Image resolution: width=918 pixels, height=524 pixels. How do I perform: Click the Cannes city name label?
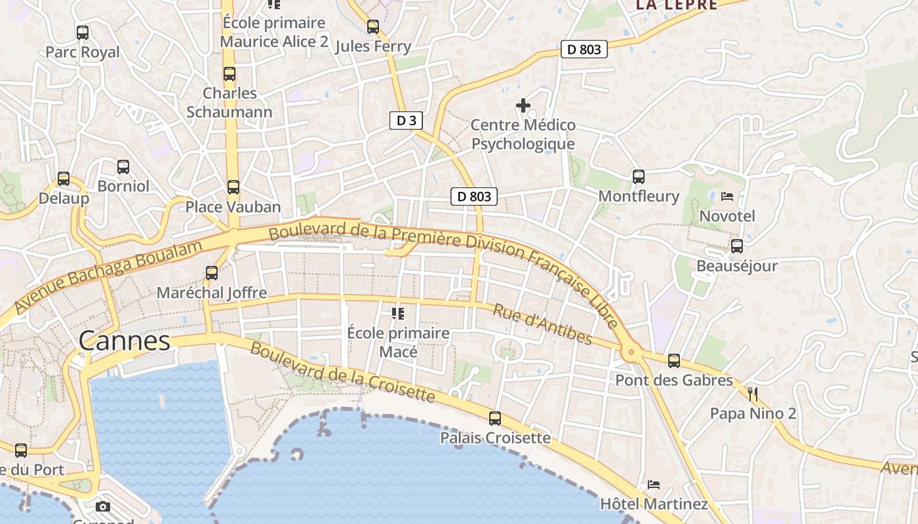tap(125, 341)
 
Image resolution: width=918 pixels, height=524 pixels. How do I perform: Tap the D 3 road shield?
tap(406, 121)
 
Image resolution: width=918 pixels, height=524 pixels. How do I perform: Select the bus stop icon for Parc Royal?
tap(83, 32)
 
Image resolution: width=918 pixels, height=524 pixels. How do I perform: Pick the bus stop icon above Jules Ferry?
tap(373, 27)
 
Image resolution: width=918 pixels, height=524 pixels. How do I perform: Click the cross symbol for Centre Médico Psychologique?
tap(523, 105)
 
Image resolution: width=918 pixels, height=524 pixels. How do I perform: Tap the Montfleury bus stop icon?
tap(639, 176)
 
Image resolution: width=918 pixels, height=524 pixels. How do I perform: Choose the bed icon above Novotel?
tap(727, 196)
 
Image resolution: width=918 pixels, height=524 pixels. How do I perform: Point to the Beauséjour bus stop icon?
tap(737, 246)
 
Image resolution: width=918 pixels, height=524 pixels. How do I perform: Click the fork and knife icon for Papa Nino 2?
tap(753, 394)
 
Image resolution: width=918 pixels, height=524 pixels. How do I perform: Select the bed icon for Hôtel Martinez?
tap(654, 485)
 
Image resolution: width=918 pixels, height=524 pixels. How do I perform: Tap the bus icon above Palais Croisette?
tap(495, 418)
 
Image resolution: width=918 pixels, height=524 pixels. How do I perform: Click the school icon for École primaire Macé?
tap(397, 314)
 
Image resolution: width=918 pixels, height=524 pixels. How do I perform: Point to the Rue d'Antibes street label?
tap(542, 324)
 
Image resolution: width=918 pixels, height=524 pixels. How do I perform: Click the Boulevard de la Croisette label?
tap(342, 371)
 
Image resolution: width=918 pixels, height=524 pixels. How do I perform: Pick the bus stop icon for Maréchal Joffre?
tap(212, 273)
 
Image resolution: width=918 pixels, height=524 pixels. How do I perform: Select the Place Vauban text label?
tap(233, 207)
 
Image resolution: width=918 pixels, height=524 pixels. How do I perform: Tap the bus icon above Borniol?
tap(123, 166)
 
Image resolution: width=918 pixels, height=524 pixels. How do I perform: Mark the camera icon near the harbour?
tap(103, 506)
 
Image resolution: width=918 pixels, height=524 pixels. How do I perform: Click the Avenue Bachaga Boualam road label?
tap(108, 276)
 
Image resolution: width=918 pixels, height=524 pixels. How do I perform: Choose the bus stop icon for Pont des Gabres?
tap(674, 360)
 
